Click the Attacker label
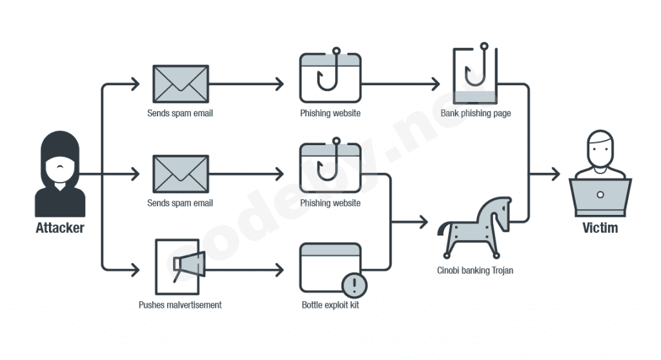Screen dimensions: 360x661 point(60,228)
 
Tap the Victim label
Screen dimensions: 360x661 point(600,228)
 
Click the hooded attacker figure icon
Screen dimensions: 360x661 point(60,174)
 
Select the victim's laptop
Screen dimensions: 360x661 point(600,197)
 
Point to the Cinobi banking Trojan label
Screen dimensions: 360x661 point(475,270)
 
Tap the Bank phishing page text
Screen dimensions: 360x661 point(476,114)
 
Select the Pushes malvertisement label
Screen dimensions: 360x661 point(180,305)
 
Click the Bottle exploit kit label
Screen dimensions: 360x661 point(330,305)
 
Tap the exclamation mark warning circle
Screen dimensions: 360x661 point(354,283)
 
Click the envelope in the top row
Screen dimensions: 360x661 point(181,84)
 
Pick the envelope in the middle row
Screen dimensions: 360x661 point(181,174)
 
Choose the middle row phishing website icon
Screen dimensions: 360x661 point(330,168)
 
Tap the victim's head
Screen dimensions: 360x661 point(600,148)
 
